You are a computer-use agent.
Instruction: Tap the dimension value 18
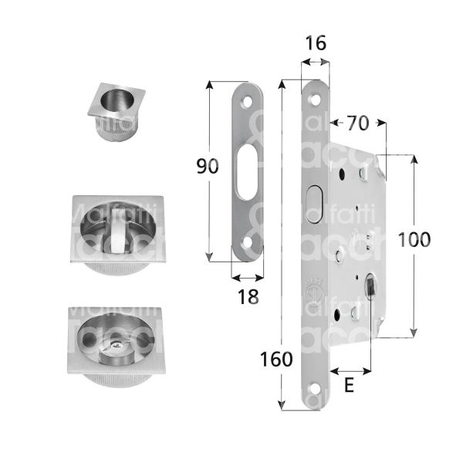pyautogui.click(x=247, y=296)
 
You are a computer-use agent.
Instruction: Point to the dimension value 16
pyautogui.click(x=314, y=45)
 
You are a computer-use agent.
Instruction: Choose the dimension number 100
pyautogui.click(x=414, y=239)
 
